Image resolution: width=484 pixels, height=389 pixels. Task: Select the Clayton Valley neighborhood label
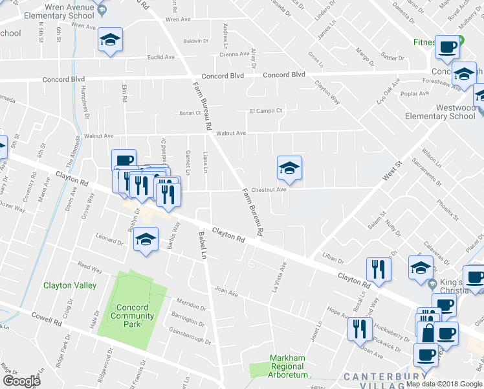coord(70,285)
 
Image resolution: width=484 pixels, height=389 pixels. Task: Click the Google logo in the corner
coord(21,381)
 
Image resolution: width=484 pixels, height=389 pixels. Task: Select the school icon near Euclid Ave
coord(110,41)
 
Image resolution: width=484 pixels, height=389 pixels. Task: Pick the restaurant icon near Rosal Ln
coord(379,269)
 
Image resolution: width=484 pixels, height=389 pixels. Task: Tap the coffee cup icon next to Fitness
coord(447,47)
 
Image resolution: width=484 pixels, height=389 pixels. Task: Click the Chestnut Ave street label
coord(269,190)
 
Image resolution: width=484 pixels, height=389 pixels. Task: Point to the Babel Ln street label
coord(202,242)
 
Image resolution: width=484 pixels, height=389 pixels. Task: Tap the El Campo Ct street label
coord(267,111)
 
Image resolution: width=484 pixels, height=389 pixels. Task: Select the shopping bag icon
coord(428,335)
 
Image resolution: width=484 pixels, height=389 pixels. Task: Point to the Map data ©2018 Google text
coord(444,384)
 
